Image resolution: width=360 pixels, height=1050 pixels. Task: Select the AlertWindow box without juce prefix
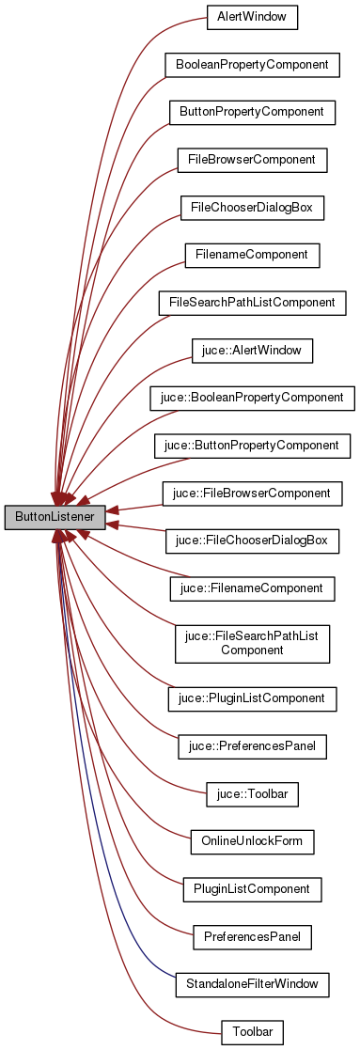(252, 17)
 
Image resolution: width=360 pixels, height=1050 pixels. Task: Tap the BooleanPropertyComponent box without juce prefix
(252, 65)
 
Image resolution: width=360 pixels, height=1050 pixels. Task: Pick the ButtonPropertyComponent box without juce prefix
(252, 112)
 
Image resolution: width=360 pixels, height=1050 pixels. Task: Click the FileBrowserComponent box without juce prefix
(252, 160)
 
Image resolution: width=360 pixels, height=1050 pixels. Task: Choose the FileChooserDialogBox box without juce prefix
(252, 208)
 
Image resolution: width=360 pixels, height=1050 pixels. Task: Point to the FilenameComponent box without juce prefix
(252, 255)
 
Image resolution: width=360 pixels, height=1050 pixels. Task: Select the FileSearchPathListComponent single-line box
(252, 303)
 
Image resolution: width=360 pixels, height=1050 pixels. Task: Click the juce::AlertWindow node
(252, 351)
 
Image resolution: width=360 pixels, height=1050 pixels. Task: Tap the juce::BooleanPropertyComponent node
(252, 398)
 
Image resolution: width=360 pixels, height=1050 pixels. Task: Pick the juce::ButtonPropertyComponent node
(252, 446)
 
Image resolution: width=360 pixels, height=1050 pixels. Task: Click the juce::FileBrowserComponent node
(252, 494)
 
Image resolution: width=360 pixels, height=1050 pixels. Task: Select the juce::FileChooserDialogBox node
(252, 541)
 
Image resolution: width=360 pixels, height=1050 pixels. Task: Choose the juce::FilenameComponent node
(252, 588)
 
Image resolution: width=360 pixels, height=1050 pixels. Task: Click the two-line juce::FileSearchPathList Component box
(252, 643)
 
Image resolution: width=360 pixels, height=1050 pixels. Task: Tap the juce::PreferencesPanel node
(252, 747)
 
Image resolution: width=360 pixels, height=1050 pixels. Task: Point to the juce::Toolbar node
(252, 794)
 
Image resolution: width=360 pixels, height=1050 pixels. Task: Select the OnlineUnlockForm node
(252, 842)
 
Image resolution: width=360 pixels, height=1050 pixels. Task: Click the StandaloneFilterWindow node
(252, 984)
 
